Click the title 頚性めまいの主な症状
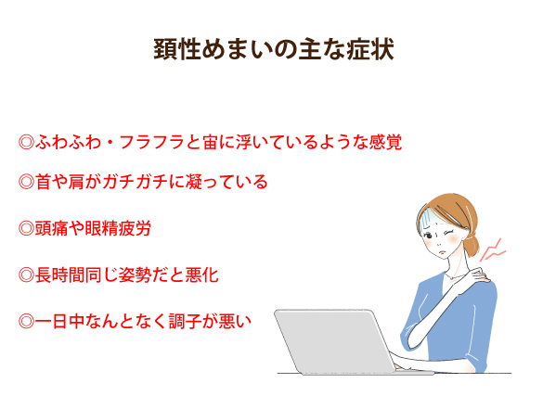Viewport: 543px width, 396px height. pyautogui.click(x=274, y=49)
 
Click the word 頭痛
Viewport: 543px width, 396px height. pyautogui.click(x=51, y=228)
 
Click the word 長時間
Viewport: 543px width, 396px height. pyautogui.click(x=59, y=275)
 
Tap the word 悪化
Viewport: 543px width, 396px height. pyautogui.click(x=202, y=275)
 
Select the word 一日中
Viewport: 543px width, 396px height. pyautogui.click(x=59, y=321)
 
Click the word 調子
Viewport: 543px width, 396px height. pyautogui.click(x=186, y=321)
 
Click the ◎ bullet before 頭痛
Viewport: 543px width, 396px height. pyautogui.click(x=26, y=228)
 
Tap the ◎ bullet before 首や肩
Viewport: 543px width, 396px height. pyautogui.click(x=26, y=182)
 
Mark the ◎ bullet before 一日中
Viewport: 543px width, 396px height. pyautogui.click(x=26, y=321)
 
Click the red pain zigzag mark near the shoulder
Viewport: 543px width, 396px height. pyautogui.click(x=493, y=250)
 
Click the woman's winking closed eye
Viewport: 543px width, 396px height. pyautogui.click(x=449, y=233)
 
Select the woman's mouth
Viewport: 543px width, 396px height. pyautogui.click(x=442, y=251)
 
